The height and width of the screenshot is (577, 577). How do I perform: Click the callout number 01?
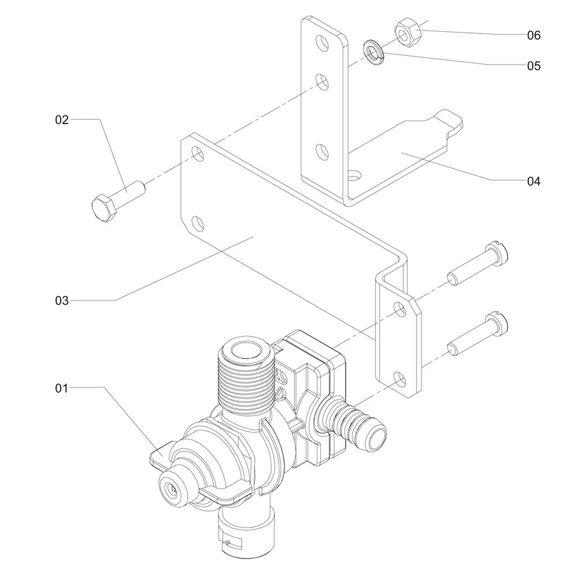pyautogui.click(x=62, y=388)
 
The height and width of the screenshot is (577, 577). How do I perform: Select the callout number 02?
pyautogui.click(x=62, y=120)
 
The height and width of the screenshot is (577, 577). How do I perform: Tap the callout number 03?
pyautogui.click(x=62, y=300)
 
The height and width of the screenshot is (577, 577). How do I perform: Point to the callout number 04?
pyautogui.click(x=533, y=181)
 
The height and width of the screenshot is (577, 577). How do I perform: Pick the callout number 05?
pyautogui.click(x=533, y=66)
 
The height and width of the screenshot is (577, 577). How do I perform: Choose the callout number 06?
pyautogui.click(x=533, y=35)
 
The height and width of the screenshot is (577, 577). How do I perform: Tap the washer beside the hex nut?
pyautogui.click(x=374, y=51)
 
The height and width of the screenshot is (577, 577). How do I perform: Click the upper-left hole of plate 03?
pyautogui.click(x=197, y=154)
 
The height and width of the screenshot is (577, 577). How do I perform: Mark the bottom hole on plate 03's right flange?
pyautogui.click(x=399, y=378)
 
